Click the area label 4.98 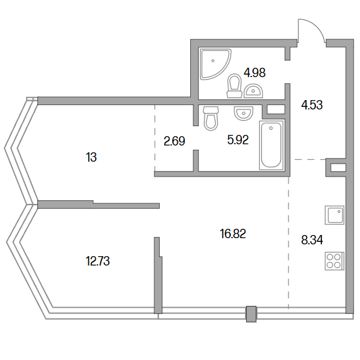255,73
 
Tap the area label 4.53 312,105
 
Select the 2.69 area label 174,141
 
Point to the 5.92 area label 238,140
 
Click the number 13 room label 91,157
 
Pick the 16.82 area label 233,234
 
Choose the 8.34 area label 312,240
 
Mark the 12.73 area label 98,261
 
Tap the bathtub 271,145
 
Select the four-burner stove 335,261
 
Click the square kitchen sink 335,215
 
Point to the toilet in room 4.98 234,86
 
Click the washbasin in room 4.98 253,91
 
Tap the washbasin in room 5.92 243,113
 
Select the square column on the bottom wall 251,314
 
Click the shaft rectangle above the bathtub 276,109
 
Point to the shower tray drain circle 213,61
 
